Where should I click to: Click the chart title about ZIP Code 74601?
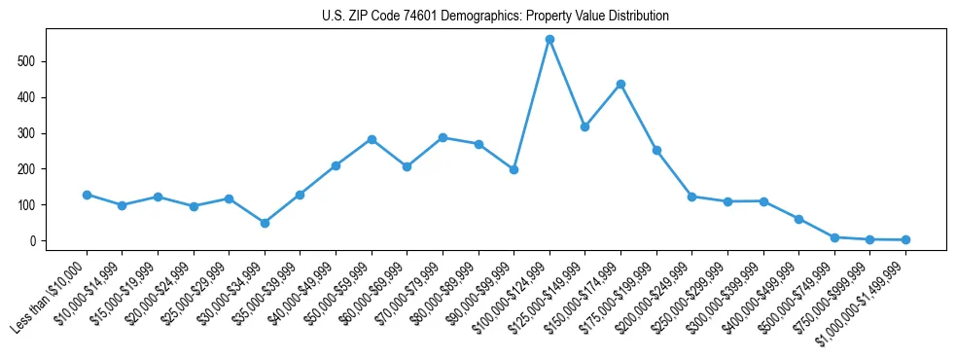coord(495,16)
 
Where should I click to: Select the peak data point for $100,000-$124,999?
coord(549,40)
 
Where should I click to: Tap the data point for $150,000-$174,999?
coord(620,85)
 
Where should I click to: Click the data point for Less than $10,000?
coord(87,195)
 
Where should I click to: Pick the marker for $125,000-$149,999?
coord(584,126)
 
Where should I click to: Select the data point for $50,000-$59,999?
coord(372,139)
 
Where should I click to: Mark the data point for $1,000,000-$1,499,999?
coord(905,239)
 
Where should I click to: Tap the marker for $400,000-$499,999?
coord(798,219)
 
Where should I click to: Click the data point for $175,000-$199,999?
coord(656,150)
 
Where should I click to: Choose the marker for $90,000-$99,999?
coord(513,169)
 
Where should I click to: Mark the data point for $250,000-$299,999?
coord(727,201)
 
